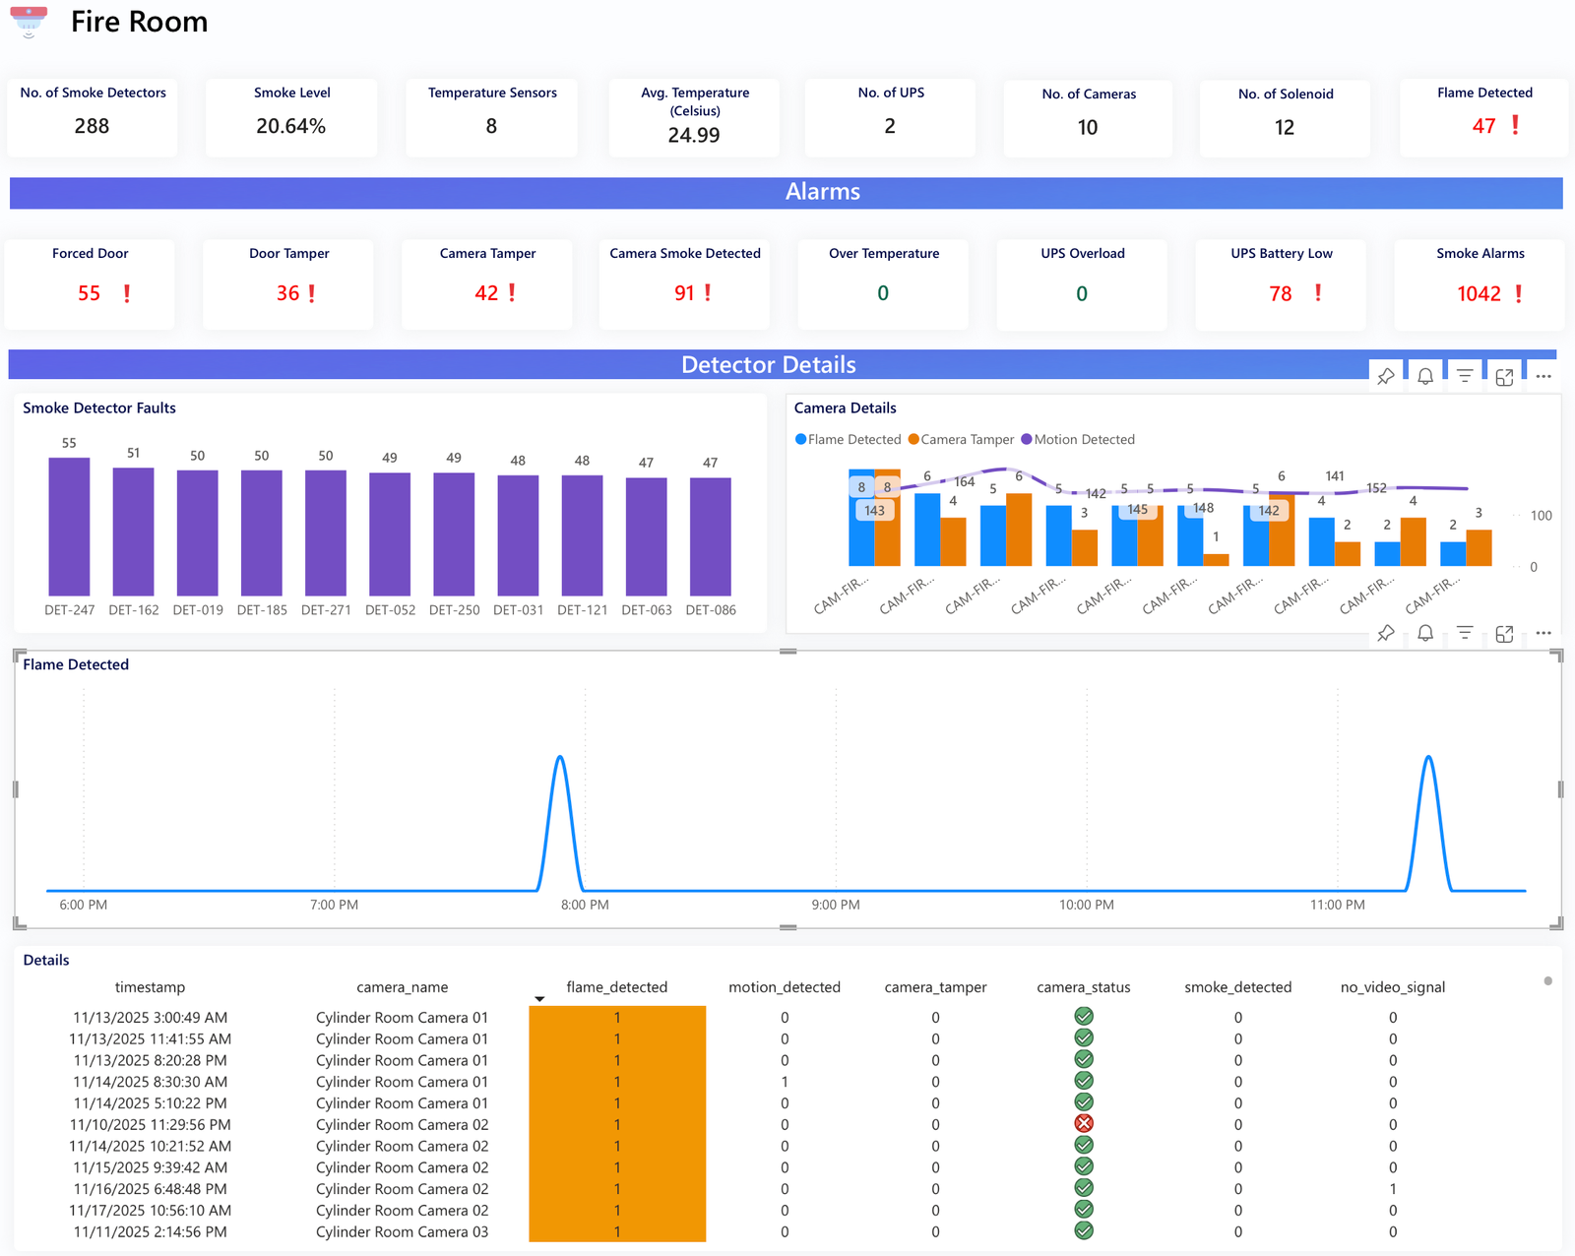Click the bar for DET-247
69,527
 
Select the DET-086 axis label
711,610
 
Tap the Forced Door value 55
89,293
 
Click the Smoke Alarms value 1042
1479,293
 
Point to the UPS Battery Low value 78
1280,293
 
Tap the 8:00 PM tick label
585,905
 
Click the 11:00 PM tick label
1337,905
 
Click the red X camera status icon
1084,1124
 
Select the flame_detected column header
616,987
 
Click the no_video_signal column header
1392,987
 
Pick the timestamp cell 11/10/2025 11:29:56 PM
150,1125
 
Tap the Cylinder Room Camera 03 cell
402,1232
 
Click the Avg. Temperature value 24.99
693,135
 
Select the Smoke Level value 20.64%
290,126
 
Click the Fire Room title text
139,22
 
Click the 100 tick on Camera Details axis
1541,516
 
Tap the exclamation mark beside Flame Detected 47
1515,125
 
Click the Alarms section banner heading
822,192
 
